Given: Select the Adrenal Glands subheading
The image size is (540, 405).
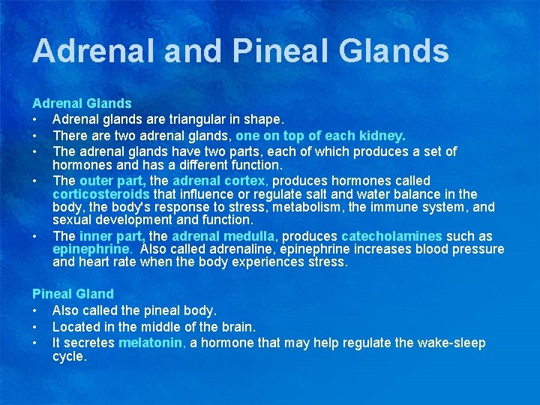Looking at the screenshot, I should [x=82, y=103].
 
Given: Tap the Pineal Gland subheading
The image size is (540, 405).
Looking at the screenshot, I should [x=73, y=294].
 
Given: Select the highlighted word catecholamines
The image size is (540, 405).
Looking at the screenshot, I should [x=391, y=236].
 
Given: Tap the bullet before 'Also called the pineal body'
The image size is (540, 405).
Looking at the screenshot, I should [x=35, y=310].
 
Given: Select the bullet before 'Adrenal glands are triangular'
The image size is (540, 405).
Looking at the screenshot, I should [x=35, y=120].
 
